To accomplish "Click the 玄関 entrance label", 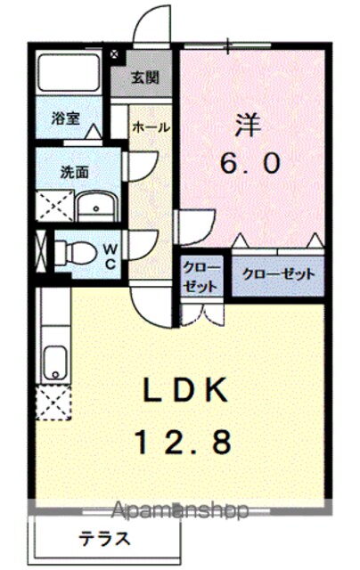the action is pos(145,77).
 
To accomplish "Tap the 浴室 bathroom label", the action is pos(66,118).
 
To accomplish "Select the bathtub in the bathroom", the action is pos(70,72).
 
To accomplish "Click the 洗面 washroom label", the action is pos(74,172).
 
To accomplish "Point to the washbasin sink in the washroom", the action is pos(97,206).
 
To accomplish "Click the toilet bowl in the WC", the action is pos(76,253).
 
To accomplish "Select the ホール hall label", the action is pos(151,127).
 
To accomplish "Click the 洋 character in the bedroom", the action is pos(249,126).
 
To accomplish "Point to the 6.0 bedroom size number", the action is pos(250,163).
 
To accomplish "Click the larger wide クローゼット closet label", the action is pos(278,273).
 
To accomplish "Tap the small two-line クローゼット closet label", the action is pos(201,277).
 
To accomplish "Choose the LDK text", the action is pos(186,390).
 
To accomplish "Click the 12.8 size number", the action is pos(184,442).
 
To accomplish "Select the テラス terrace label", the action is pos(105,538).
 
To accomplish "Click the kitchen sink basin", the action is pos(55,362).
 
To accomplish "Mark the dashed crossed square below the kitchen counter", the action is pos(53,403).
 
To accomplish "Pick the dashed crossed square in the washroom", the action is pos(55,205).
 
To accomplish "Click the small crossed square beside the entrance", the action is pos(114,54).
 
